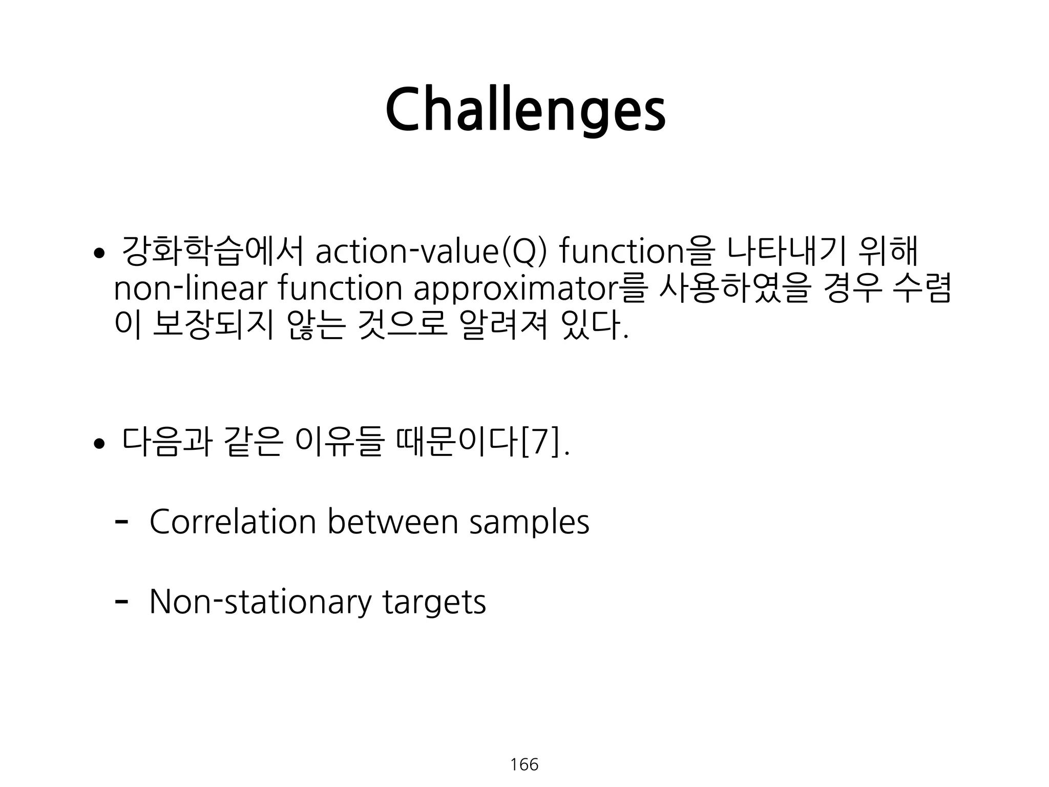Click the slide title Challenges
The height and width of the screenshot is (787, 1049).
click(525, 110)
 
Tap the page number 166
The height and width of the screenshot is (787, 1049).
click(524, 764)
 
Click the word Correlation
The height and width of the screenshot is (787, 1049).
click(233, 522)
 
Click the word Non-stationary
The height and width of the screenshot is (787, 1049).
click(260, 602)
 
